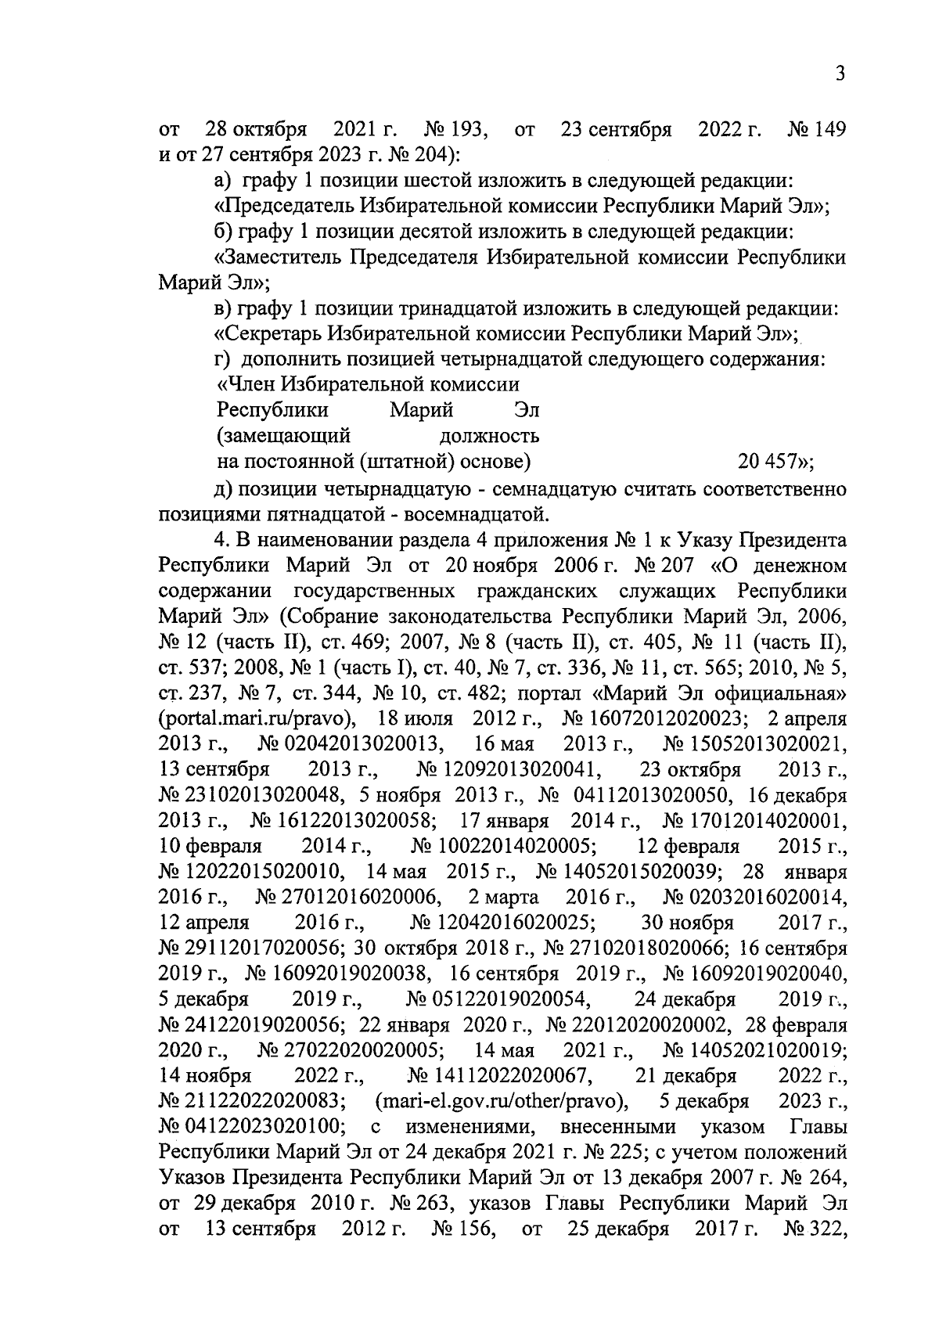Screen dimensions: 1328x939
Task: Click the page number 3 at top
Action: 840,74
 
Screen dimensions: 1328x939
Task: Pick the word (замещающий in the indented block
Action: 283,435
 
